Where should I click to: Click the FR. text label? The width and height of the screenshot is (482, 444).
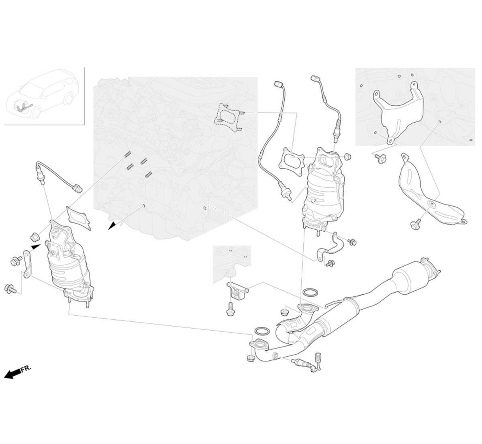(x=26, y=369)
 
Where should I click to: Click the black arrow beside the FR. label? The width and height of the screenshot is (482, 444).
(x=12, y=374)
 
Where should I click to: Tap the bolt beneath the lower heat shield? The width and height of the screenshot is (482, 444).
(x=416, y=224)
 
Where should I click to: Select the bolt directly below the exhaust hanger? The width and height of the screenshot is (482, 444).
(x=230, y=309)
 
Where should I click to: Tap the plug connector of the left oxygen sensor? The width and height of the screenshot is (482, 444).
(x=78, y=188)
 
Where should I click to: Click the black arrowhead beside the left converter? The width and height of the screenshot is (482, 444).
(x=36, y=247)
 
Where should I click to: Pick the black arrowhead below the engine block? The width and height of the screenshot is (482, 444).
(x=112, y=226)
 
